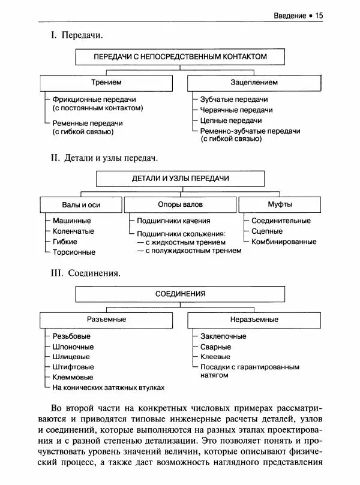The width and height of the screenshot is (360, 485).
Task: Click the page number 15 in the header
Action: [319, 15]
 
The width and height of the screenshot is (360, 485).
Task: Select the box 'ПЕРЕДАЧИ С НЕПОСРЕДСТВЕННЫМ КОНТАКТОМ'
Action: [180, 56]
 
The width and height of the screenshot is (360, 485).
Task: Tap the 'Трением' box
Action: [106, 82]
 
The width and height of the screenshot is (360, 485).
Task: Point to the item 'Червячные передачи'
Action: [236, 110]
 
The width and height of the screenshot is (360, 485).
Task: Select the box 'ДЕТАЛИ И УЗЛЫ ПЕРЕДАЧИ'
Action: [180, 179]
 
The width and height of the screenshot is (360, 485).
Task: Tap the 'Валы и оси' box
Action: [81, 205]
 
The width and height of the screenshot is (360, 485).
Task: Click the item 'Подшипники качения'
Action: [173, 221]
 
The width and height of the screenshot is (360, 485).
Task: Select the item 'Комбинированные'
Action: [284, 242]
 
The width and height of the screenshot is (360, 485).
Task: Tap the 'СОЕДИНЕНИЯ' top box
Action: [180, 294]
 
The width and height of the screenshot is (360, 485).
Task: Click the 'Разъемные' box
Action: [106, 320]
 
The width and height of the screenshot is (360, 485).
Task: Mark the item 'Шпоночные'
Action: [73, 347]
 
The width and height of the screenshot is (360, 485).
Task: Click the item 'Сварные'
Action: [215, 347]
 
